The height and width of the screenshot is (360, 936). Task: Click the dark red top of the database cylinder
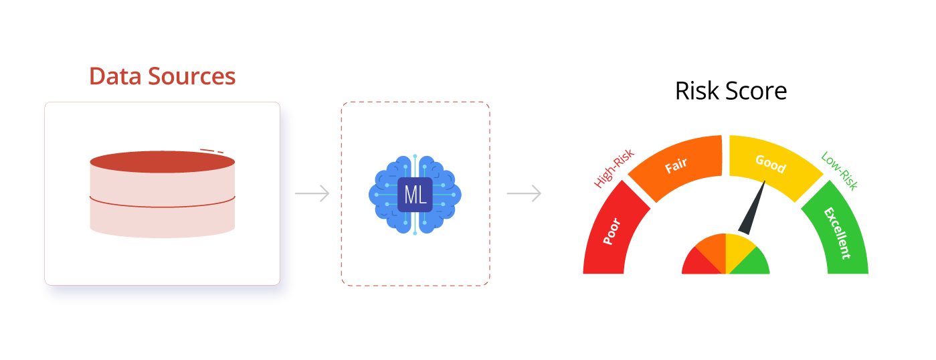tap(163, 161)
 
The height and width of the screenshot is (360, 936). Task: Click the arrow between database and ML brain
tap(312, 194)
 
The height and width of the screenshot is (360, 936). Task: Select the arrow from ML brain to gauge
tap(524, 194)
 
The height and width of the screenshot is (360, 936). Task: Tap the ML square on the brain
tap(415, 195)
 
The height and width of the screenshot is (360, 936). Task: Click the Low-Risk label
tap(839, 171)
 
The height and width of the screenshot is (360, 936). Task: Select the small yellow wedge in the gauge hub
tap(738, 246)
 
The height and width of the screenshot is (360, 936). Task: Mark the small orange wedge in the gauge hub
tap(713, 246)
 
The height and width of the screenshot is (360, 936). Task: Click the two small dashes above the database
tap(211, 151)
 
